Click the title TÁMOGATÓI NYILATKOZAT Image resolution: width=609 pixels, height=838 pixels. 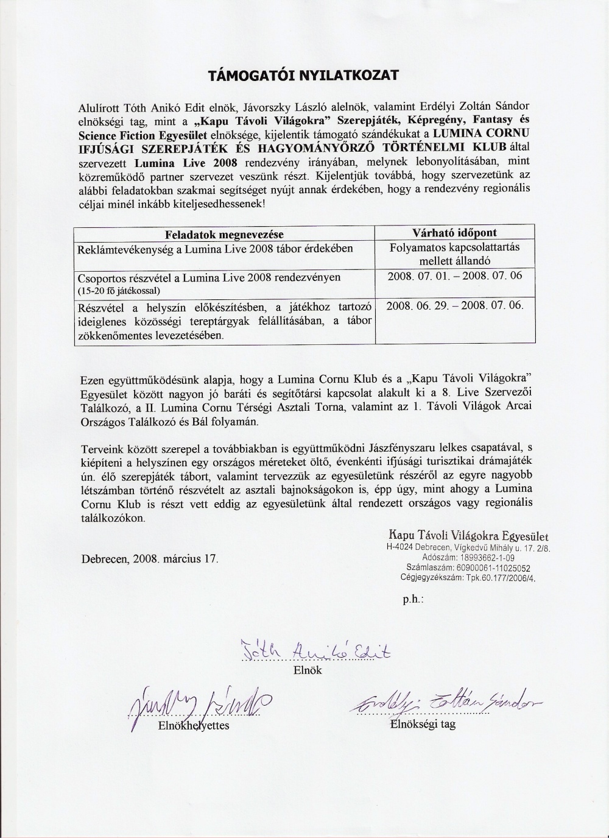[303, 75]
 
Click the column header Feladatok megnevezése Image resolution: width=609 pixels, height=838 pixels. [225, 234]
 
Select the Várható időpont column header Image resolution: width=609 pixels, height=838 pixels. [454, 233]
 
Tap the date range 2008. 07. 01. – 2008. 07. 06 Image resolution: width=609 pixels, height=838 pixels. [454, 275]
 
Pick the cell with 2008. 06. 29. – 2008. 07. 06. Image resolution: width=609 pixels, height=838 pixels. [454, 305]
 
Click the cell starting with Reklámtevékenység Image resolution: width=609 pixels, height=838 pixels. [215, 249]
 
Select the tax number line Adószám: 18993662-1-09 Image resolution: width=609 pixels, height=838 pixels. [468, 557]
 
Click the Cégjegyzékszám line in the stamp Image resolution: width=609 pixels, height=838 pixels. [468, 577]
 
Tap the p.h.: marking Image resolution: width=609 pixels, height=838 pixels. [413, 600]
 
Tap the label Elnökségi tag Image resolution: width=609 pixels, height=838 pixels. [423, 724]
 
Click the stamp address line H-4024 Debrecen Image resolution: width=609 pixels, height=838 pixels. [468, 547]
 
